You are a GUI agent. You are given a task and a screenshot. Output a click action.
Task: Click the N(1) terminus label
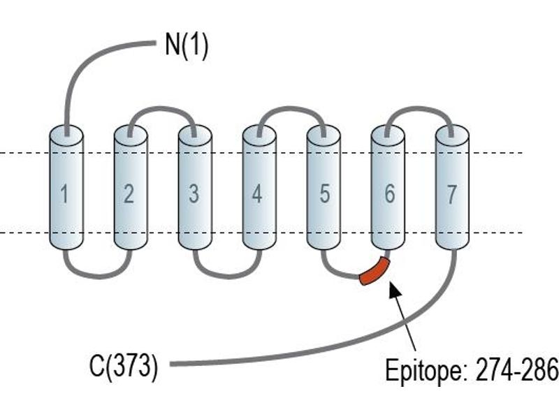click(187, 45)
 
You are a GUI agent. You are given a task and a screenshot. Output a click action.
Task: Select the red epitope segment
click(375, 272)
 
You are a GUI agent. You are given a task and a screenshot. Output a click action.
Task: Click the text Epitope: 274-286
click(472, 371)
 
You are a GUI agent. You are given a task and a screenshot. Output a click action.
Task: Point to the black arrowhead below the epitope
click(395, 289)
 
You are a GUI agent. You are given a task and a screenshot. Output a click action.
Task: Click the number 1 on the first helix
click(64, 195)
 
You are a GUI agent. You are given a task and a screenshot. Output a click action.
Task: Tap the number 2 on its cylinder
click(129, 194)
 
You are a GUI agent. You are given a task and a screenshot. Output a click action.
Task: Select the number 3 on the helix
click(194, 194)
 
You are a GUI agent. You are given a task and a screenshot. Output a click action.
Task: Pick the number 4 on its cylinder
click(257, 194)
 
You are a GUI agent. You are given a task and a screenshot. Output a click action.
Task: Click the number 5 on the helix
click(324, 194)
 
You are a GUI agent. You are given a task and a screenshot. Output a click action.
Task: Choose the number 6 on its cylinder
click(390, 194)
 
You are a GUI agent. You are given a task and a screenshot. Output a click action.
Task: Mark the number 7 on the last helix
click(451, 195)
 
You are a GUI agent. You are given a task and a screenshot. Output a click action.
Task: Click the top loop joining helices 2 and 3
click(162, 109)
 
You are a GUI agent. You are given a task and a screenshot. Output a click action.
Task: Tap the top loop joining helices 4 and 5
click(291, 109)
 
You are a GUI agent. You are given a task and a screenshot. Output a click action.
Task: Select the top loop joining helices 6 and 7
click(419, 109)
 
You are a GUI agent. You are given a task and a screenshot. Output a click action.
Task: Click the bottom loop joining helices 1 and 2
click(98, 275)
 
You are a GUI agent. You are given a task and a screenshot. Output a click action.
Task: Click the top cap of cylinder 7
click(452, 135)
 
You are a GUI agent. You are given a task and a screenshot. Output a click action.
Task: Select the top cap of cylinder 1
click(66, 135)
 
